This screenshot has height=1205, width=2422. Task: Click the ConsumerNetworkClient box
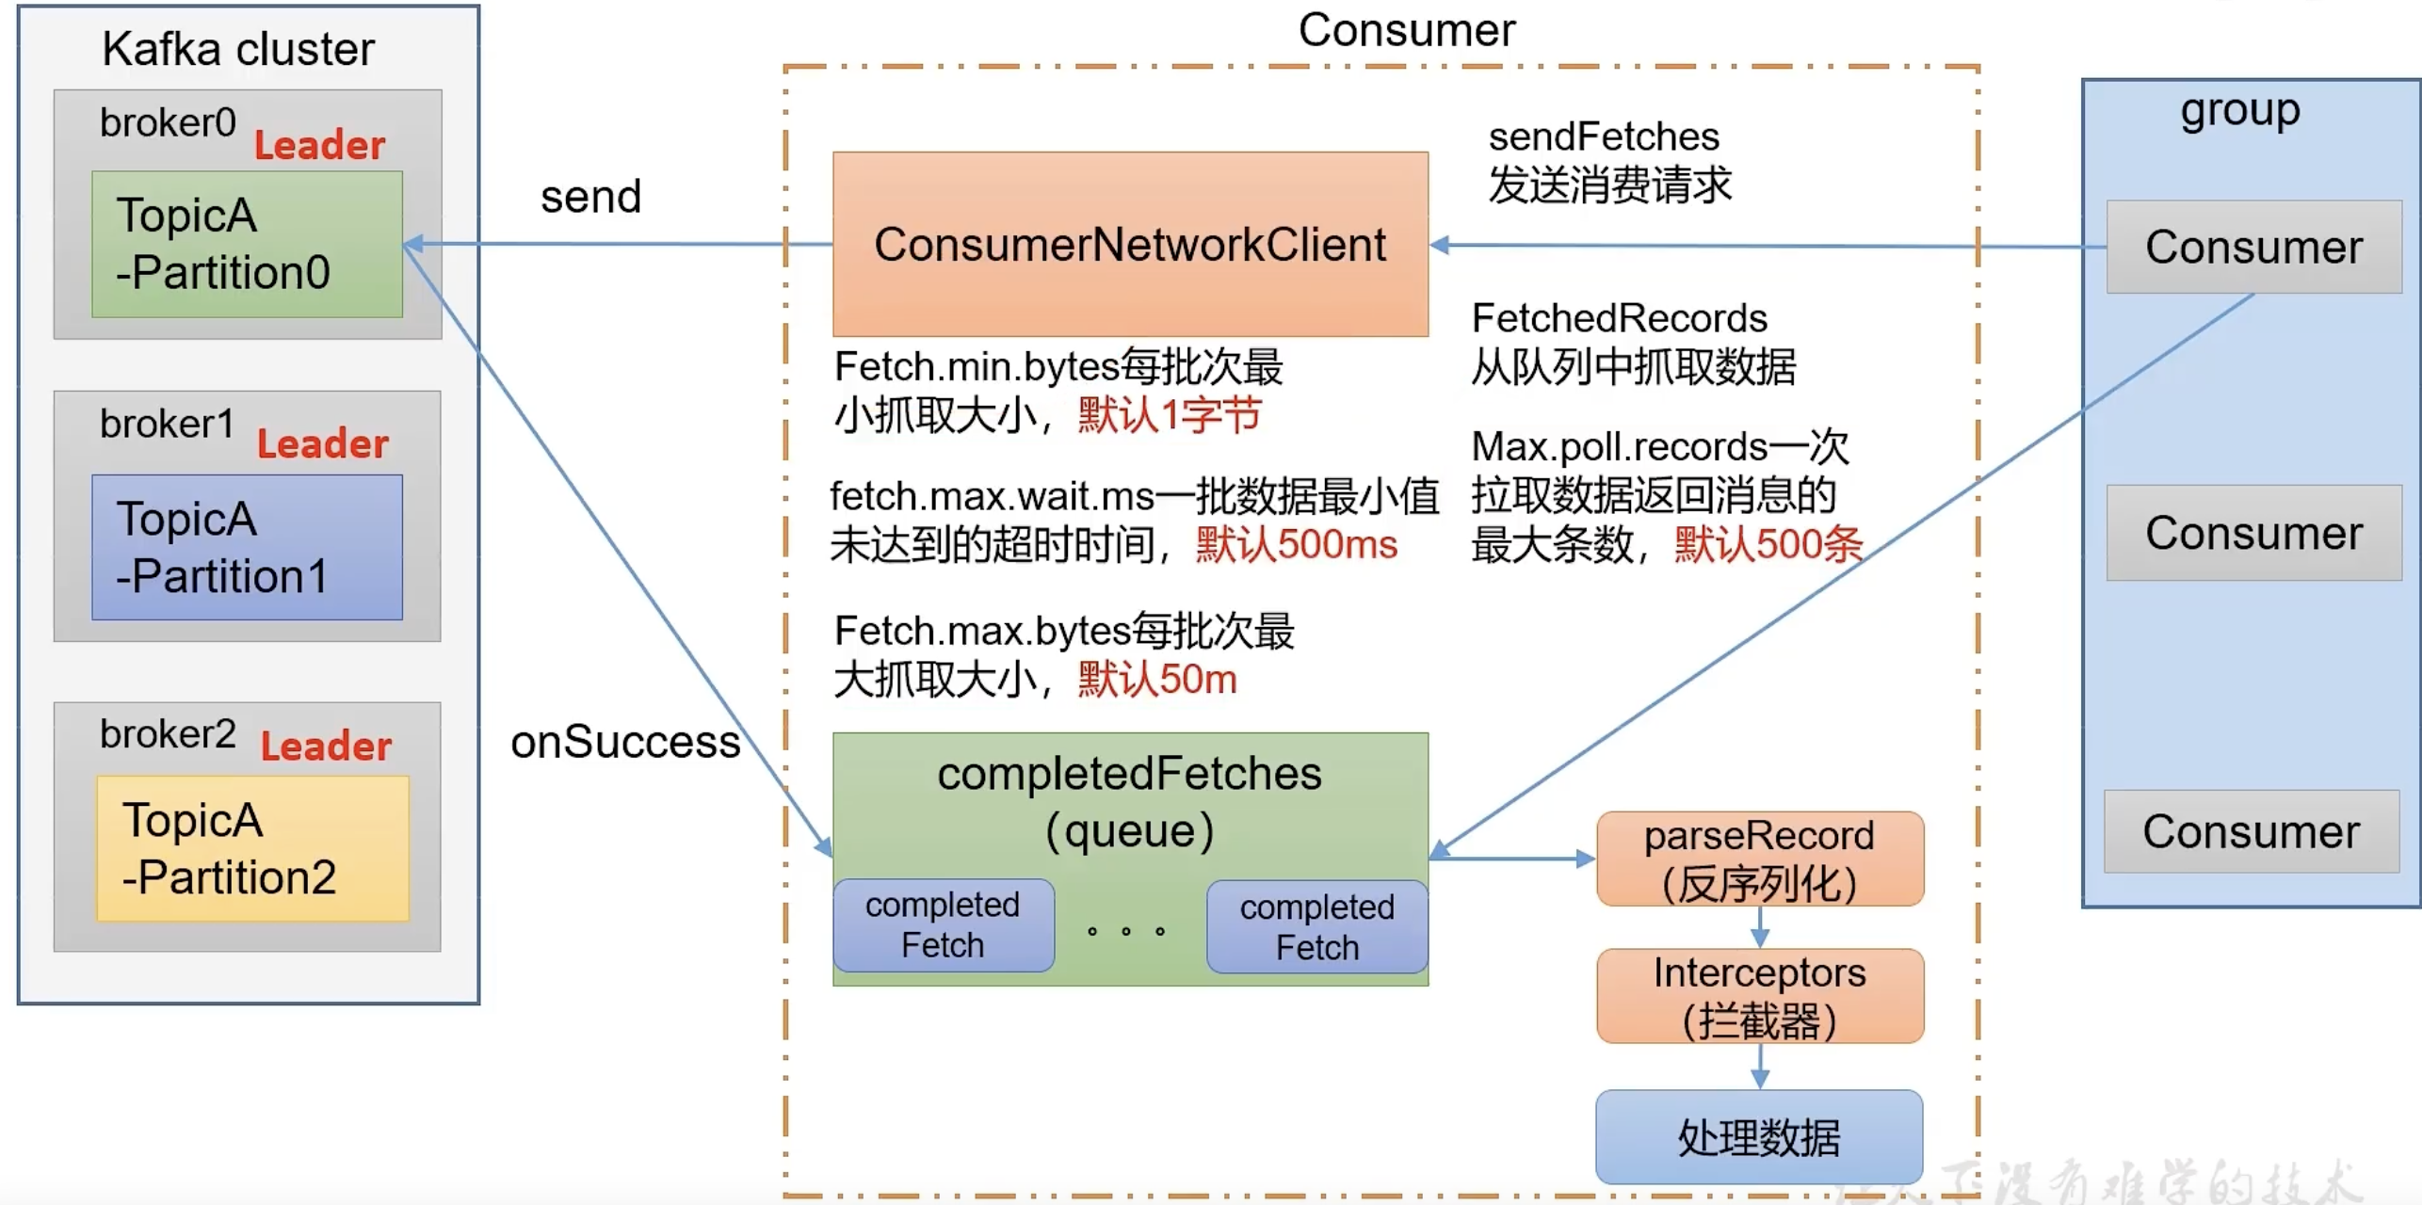point(1130,244)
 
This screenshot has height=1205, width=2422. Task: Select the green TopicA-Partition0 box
point(247,244)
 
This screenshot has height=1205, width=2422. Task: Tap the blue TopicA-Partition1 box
point(247,547)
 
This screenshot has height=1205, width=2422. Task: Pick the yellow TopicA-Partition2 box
point(252,848)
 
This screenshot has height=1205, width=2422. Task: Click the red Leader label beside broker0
point(319,146)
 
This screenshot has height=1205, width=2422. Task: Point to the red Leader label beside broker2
point(326,747)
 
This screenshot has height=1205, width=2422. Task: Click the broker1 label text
point(167,425)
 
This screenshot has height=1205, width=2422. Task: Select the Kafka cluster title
point(238,49)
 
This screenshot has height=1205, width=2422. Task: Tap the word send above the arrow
point(590,198)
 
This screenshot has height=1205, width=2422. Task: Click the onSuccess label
point(625,742)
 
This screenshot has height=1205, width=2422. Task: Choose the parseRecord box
point(1759,859)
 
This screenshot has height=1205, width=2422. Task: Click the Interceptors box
point(1759,996)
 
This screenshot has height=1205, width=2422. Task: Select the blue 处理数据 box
point(1759,1137)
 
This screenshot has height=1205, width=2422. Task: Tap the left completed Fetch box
point(943,925)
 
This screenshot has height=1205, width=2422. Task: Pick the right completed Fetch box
point(1316,927)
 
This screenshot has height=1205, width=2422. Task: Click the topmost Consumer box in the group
point(2253,248)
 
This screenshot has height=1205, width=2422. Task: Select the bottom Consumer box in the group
point(2251,832)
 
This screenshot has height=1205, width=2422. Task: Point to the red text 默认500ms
point(1296,545)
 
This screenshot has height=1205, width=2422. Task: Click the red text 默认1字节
point(1169,415)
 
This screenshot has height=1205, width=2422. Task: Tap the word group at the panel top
point(2240,111)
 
